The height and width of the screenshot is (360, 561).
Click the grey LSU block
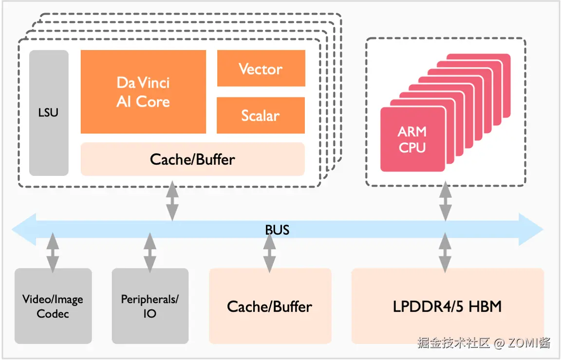click(49, 113)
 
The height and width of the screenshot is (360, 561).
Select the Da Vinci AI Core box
click(143, 92)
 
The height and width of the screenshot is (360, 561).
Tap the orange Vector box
click(261, 69)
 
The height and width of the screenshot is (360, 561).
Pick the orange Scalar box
click(261, 115)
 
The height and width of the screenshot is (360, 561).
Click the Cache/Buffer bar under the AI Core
click(192, 159)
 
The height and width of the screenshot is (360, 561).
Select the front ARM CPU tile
click(412, 139)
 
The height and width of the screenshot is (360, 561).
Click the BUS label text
click(277, 229)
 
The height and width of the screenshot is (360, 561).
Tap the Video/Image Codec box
click(53, 306)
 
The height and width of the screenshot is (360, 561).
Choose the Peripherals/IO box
click(150, 306)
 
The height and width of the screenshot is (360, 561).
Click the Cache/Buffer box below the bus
click(270, 306)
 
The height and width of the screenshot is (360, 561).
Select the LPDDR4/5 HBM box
click(447, 306)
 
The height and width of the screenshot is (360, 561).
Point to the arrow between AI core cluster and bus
click(172, 201)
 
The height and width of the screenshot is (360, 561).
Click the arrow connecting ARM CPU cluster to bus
click(445, 201)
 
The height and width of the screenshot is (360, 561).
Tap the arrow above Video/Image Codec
click(53, 252)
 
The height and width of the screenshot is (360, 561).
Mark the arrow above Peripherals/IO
click(150, 252)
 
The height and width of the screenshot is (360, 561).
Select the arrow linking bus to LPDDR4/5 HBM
click(445, 252)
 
